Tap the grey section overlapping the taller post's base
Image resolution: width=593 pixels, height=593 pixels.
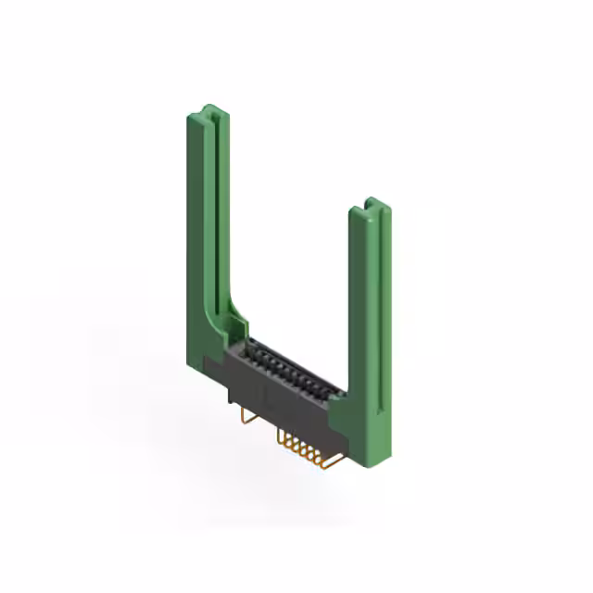point(215,371)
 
